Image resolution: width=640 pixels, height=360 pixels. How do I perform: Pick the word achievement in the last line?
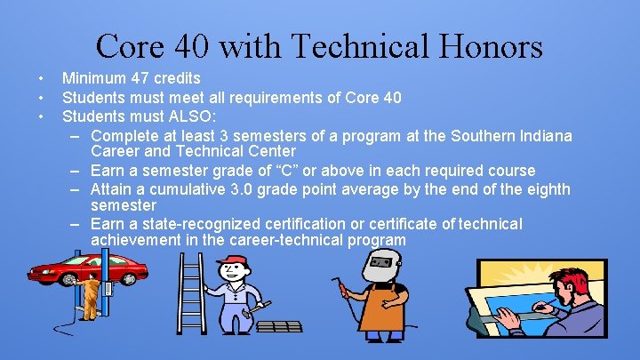(133, 241)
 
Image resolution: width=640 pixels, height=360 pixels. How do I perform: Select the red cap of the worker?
(234, 261)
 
